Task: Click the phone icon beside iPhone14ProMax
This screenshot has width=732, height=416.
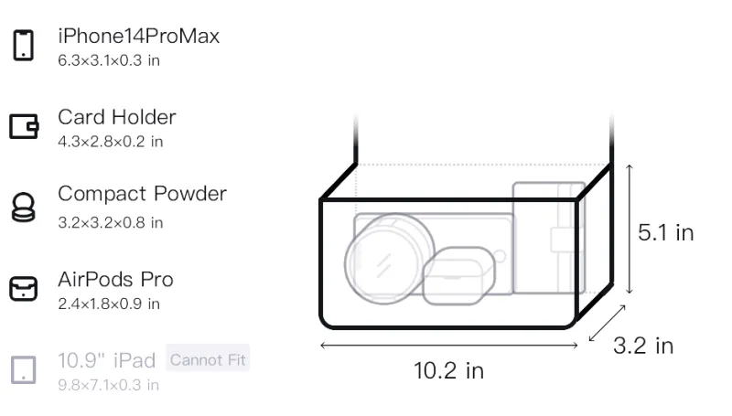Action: coord(24,45)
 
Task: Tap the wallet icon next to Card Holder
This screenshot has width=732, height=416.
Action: coord(24,126)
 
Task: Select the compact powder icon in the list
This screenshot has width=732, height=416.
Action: coord(24,207)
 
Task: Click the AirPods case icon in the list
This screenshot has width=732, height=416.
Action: coord(24,289)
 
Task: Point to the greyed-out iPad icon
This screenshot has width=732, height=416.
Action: coord(24,370)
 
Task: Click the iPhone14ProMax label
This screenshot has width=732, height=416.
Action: coord(139,36)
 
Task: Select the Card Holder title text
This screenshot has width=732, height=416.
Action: coord(117,117)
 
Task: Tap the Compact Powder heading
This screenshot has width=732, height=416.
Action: coord(143,194)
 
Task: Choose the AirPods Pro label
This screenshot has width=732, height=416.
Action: coord(115,280)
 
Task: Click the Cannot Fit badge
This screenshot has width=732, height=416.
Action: coord(208,359)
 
